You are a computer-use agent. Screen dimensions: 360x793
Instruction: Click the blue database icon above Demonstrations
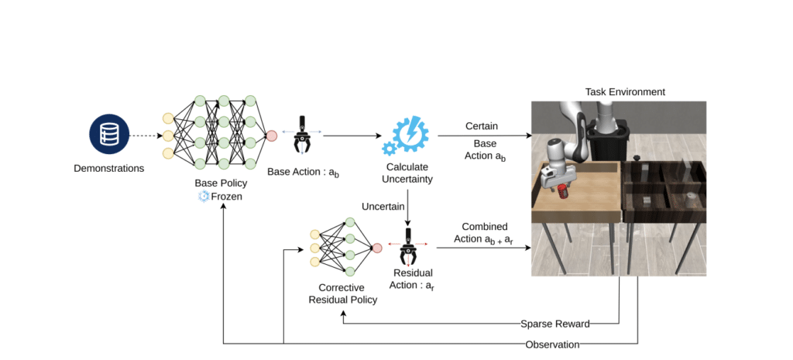pyautogui.click(x=108, y=135)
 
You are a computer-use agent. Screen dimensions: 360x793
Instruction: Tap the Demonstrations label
pyautogui.click(x=108, y=168)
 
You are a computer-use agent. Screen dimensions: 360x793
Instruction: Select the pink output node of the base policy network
pyautogui.click(x=271, y=136)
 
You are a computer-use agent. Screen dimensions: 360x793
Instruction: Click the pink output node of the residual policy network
pyautogui.click(x=376, y=248)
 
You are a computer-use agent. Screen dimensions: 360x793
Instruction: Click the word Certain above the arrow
pyautogui.click(x=482, y=125)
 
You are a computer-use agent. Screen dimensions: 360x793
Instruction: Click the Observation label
pyautogui.click(x=552, y=345)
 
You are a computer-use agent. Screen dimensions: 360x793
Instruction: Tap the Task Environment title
pyautogui.click(x=625, y=92)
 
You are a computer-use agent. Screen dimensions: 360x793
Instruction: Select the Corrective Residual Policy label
pyautogui.click(x=343, y=293)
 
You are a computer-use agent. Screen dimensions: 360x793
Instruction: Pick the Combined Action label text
pyautogui.click(x=480, y=232)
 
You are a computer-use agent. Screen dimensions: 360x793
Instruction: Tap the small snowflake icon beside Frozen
pyautogui.click(x=204, y=197)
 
